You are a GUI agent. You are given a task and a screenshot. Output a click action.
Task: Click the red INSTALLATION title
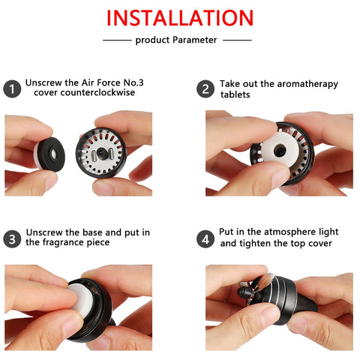coord(180,18)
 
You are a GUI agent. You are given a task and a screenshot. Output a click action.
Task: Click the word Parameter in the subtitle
coord(195,40)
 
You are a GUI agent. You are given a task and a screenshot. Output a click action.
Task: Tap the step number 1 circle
coord(12,89)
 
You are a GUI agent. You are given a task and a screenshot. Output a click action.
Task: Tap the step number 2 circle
coord(205,89)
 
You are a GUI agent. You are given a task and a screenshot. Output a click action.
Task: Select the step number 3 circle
coord(12,239)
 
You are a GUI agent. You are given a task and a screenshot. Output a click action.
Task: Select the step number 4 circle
coord(205,239)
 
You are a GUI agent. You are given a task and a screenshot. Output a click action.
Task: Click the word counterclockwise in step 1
coord(97,92)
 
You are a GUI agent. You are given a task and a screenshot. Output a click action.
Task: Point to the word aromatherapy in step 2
coord(299,84)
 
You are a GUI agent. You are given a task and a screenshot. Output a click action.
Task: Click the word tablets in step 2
coord(235,94)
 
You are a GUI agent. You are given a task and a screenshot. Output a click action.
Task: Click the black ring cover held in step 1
coord(52,154)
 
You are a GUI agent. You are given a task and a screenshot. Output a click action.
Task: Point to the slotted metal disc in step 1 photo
coord(101,152)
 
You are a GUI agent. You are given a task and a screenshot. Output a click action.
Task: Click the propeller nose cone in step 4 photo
coord(243,292)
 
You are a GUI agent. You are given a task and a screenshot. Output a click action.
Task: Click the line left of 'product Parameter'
coord(117,40)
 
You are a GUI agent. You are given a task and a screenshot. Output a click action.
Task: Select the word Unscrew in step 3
coord(44,232)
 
